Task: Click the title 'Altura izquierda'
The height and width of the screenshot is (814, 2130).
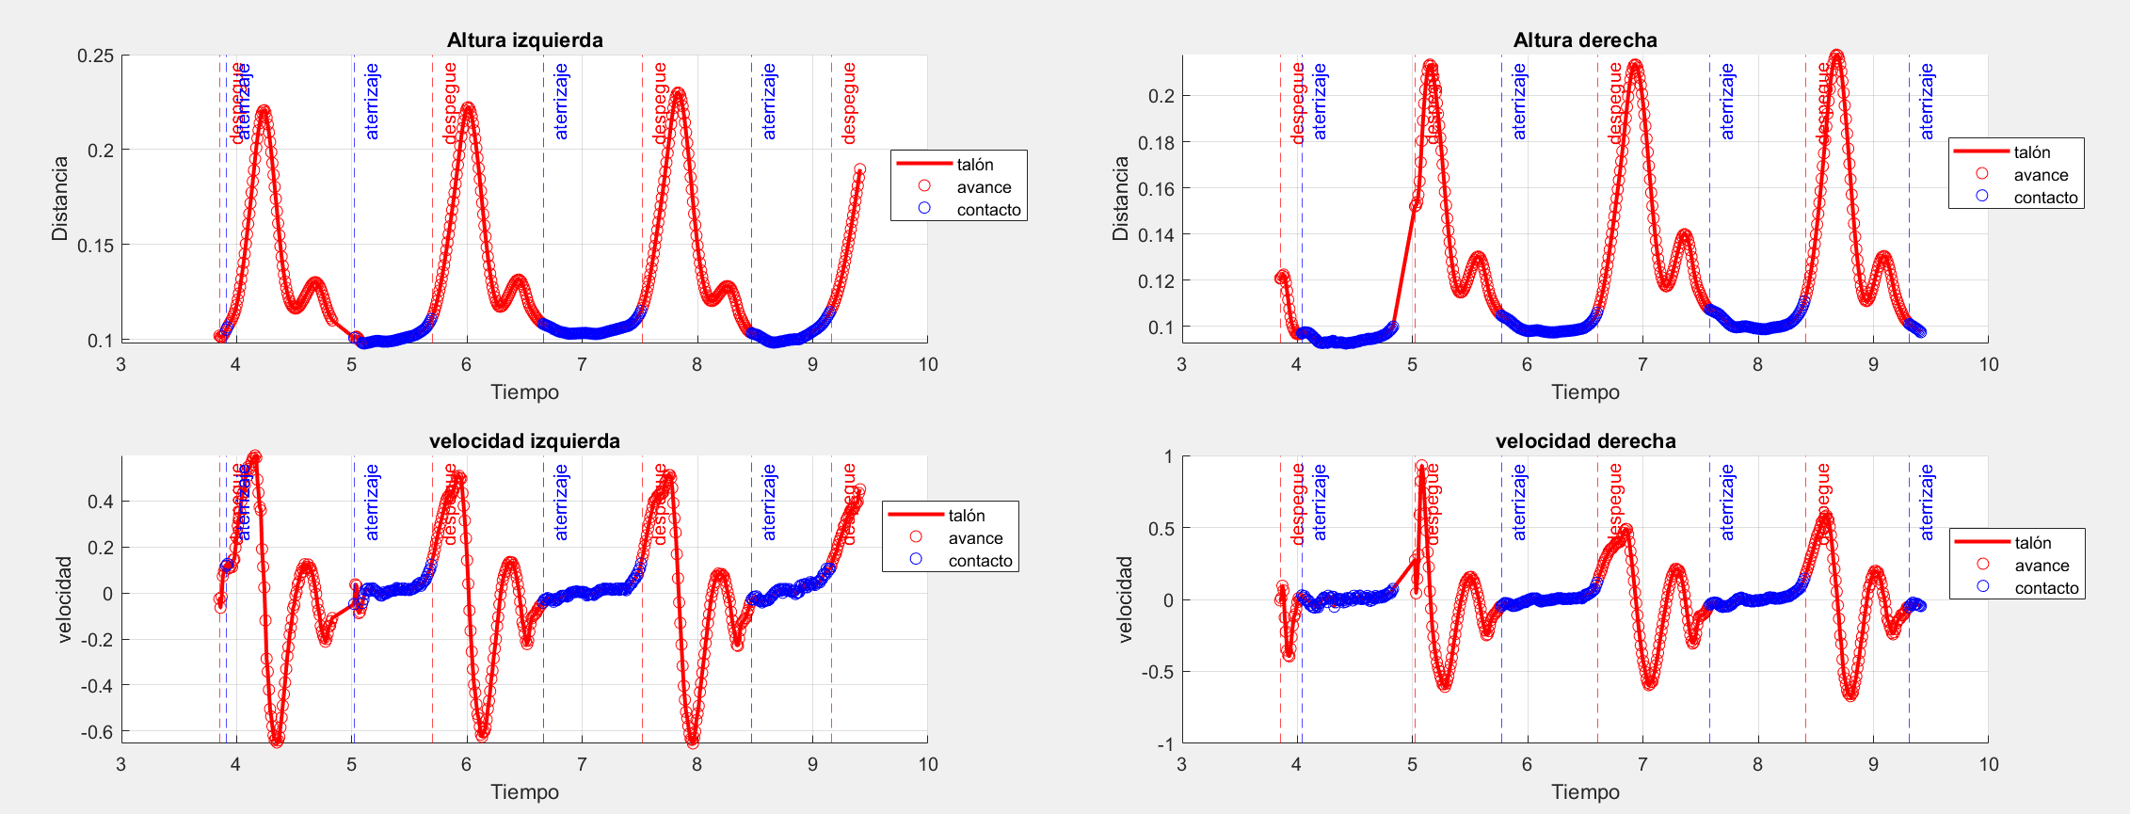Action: [524, 40]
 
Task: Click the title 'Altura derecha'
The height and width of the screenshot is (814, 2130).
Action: [1585, 40]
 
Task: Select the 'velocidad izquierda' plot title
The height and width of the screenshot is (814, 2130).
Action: [524, 441]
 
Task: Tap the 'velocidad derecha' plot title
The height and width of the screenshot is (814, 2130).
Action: [1585, 441]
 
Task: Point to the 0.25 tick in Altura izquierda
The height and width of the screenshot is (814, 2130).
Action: [95, 56]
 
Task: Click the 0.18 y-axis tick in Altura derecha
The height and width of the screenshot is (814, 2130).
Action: [1156, 142]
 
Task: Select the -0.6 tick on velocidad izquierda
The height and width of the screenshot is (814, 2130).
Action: [95, 731]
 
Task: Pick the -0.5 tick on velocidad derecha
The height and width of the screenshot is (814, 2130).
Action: [1157, 672]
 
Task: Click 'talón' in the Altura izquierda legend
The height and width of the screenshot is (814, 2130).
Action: [975, 165]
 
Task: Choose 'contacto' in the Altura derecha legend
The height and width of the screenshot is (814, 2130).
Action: [2045, 198]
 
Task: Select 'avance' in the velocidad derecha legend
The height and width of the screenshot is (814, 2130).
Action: [2042, 566]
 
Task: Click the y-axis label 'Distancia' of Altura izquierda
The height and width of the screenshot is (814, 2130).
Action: [60, 199]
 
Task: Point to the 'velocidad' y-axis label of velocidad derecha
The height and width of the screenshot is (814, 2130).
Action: [1124, 599]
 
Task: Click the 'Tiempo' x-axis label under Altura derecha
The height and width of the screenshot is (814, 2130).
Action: [1585, 392]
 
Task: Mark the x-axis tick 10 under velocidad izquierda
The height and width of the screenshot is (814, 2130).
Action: [927, 764]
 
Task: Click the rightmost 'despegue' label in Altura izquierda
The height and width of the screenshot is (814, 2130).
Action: [849, 104]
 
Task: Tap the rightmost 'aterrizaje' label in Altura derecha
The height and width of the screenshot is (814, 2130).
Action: [1927, 102]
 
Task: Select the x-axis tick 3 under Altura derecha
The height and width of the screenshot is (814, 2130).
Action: [1181, 365]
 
